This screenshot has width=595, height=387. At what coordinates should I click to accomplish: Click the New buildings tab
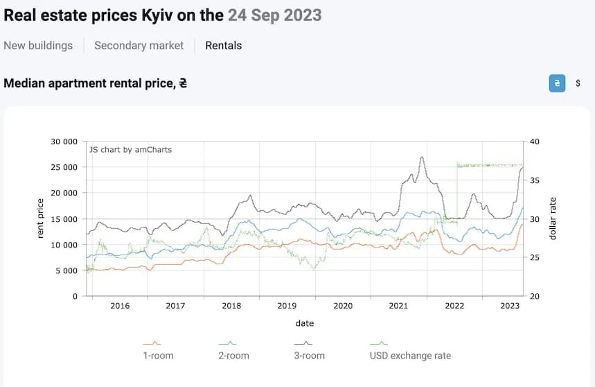tap(38, 46)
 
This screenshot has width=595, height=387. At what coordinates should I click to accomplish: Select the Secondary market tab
tap(139, 46)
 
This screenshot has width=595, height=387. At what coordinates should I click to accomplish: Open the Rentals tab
tap(224, 46)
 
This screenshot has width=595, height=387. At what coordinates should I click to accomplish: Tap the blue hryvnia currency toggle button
tap(556, 83)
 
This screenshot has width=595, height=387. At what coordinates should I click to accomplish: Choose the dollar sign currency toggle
tap(578, 83)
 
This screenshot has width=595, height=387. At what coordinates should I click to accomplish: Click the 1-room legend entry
tap(157, 355)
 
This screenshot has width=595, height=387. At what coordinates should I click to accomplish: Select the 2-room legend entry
tap(233, 355)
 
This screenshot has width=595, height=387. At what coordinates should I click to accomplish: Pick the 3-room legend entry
tap(309, 355)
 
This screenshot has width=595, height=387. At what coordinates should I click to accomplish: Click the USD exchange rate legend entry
tap(411, 355)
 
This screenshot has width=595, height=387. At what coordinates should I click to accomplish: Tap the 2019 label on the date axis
tap(287, 306)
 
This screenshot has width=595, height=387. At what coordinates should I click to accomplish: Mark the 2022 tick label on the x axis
tap(454, 306)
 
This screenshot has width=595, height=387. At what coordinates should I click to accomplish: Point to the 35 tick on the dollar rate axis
tap(533, 180)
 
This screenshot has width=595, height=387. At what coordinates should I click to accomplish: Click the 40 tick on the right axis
tap(533, 141)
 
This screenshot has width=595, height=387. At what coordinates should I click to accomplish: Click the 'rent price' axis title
tap(40, 218)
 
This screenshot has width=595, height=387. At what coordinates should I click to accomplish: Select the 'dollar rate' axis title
tap(553, 218)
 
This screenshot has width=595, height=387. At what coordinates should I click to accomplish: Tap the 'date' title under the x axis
tap(305, 323)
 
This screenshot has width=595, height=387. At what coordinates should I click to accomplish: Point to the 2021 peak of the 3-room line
tap(422, 157)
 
